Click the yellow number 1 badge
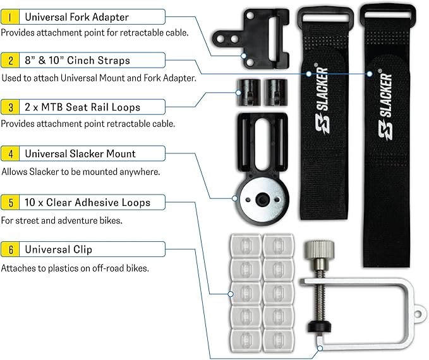[x=10, y=17]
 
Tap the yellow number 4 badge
[x=10, y=153]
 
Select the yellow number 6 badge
[x=10, y=249]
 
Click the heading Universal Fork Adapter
[x=76, y=17]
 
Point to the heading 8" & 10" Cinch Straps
[x=77, y=61]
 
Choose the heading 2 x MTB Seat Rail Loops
[x=82, y=107]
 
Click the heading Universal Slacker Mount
[x=80, y=153]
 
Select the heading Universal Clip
[x=59, y=249]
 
